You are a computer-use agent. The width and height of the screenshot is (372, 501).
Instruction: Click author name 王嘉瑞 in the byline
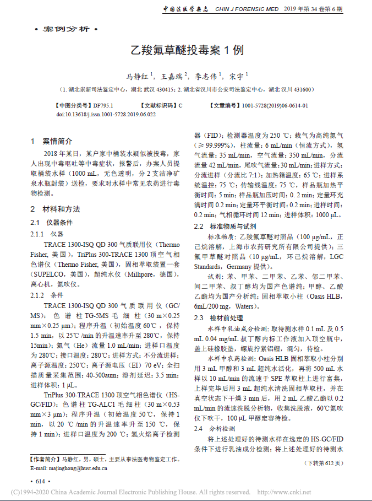[172, 76]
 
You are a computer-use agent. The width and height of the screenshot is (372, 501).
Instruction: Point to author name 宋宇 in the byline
[236, 76]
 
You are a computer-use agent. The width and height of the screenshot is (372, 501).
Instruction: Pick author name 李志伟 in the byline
[205, 76]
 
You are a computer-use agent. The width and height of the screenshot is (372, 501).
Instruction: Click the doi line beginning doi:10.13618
[106, 114]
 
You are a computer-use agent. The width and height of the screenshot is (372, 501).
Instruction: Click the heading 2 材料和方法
[54, 209]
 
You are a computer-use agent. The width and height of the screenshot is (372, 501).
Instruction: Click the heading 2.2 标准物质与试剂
[225, 226]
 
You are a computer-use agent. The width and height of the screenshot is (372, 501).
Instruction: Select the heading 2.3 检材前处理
[218, 318]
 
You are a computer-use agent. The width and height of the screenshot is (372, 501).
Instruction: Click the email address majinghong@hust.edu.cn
[68, 468]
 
